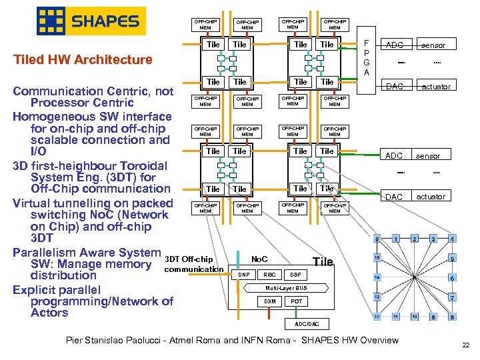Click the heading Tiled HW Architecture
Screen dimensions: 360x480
[x=83, y=60]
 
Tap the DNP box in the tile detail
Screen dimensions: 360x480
[x=244, y=275]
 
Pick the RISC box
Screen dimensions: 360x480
[x=269, y=275]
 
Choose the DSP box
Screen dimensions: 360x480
[x=295, y=275]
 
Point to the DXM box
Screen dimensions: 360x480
[x=269, y=301]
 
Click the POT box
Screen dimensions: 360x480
[x=296, y=301]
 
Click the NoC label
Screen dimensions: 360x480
[x=260, y=258]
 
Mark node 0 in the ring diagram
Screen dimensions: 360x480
[x=377, y=239]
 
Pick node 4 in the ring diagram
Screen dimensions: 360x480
[x=452, y=239]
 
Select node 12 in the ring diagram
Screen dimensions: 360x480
[x=377, y=316]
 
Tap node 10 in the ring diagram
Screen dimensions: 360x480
[x=415, y=316]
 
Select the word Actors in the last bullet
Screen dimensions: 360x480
[x=49, y=313]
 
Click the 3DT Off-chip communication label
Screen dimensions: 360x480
[x=193, y=264]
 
